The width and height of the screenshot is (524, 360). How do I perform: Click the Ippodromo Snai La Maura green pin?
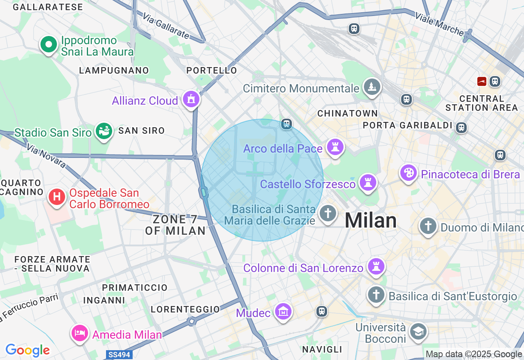point(49,45)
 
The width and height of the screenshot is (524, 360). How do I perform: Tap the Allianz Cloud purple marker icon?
point(191,99)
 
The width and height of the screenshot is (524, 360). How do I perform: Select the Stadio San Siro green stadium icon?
point(104,131)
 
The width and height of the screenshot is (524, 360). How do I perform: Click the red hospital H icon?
point(57,197)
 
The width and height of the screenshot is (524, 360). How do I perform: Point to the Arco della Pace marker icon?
point(335,147)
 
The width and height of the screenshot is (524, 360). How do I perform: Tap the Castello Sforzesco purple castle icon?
point(368,183)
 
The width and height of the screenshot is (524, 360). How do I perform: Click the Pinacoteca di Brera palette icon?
point(409,173)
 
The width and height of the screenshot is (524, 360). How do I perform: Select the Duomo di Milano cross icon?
point(428,225)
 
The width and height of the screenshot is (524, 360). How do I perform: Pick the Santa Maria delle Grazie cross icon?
point(327,213)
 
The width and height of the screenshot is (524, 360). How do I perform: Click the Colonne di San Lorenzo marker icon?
point(375,267)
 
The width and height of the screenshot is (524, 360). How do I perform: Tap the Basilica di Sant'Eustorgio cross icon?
point(376,295)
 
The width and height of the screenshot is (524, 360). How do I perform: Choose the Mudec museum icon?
point(283,312)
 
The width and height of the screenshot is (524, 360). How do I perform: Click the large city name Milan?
point(370,221)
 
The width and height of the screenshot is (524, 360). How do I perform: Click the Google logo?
point(27,351)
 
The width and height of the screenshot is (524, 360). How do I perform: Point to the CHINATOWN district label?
point(347,113)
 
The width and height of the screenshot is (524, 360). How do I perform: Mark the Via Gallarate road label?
point(166,26)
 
